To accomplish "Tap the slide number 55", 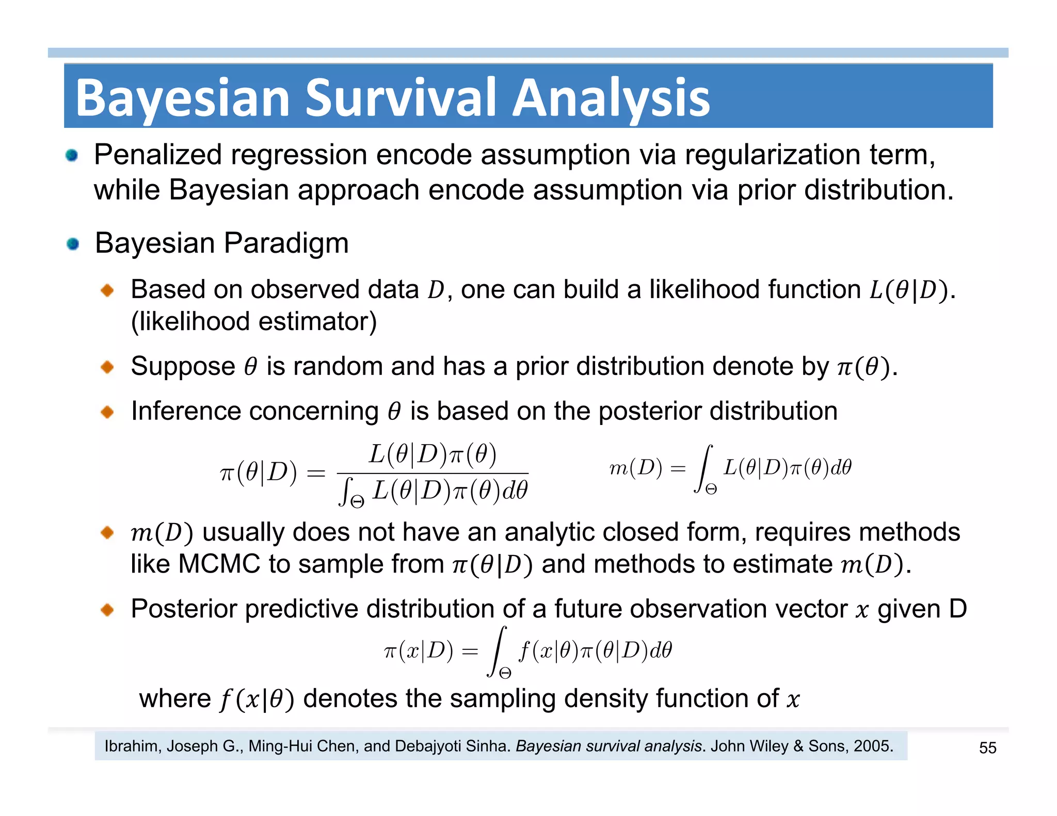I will click(987, 748).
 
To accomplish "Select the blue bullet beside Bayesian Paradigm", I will click(73, 243).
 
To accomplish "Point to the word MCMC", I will click(219, 564).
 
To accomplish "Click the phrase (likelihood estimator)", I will click(254, 321).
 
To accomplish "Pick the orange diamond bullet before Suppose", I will click(107, 367).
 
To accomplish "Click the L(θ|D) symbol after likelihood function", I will click(909, 290).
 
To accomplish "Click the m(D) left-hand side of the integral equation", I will click(635, 468).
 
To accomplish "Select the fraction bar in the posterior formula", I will click(433, 473).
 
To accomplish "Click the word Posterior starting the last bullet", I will click(187, 609).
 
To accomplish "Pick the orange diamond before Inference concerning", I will click(107, 412).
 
